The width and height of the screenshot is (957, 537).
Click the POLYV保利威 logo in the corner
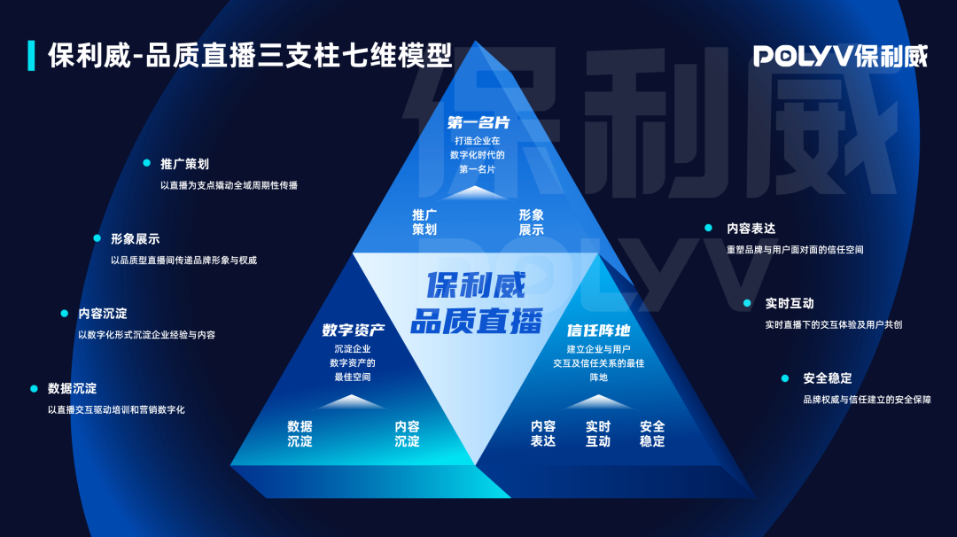click(x=840, y=56)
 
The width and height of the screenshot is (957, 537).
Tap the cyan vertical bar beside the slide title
click(x=31, y=56)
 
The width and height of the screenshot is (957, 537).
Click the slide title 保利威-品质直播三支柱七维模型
click(x=250, y=56)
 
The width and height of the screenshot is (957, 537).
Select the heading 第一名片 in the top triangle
click(x=478, y=122)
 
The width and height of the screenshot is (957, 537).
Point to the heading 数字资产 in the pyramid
click(x=354, y=331)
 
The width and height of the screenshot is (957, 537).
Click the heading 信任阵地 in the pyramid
click(x=598, y=331)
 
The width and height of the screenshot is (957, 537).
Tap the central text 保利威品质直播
click(x=476, y=303)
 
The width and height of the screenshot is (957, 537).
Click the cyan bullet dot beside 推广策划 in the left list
click(x=146, y=163)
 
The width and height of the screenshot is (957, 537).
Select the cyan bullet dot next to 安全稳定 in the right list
click(x=785, y=378)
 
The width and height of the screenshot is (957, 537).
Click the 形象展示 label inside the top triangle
click(x=531, y=222)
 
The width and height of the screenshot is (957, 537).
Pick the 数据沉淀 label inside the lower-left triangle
click(x=300, y=433)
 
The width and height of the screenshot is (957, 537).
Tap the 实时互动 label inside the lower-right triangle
click(x=597, y=433)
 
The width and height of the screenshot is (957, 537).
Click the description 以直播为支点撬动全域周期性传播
click(x=229, y=185)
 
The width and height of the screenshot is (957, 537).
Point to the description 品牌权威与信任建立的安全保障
click(x=868, y=400)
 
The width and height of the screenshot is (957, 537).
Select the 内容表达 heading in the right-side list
click(x=751, y=229)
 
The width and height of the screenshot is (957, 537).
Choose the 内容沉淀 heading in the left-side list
click(x=103, y=314)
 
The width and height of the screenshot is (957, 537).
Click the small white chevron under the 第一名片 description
click(x=476, y=193)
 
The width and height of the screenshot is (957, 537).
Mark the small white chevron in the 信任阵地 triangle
click(x=598, y=401)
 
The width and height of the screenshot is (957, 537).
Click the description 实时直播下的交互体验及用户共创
click(x=834, y=324)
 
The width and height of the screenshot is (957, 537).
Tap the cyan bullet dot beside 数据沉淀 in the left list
click(x=35, y=388)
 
